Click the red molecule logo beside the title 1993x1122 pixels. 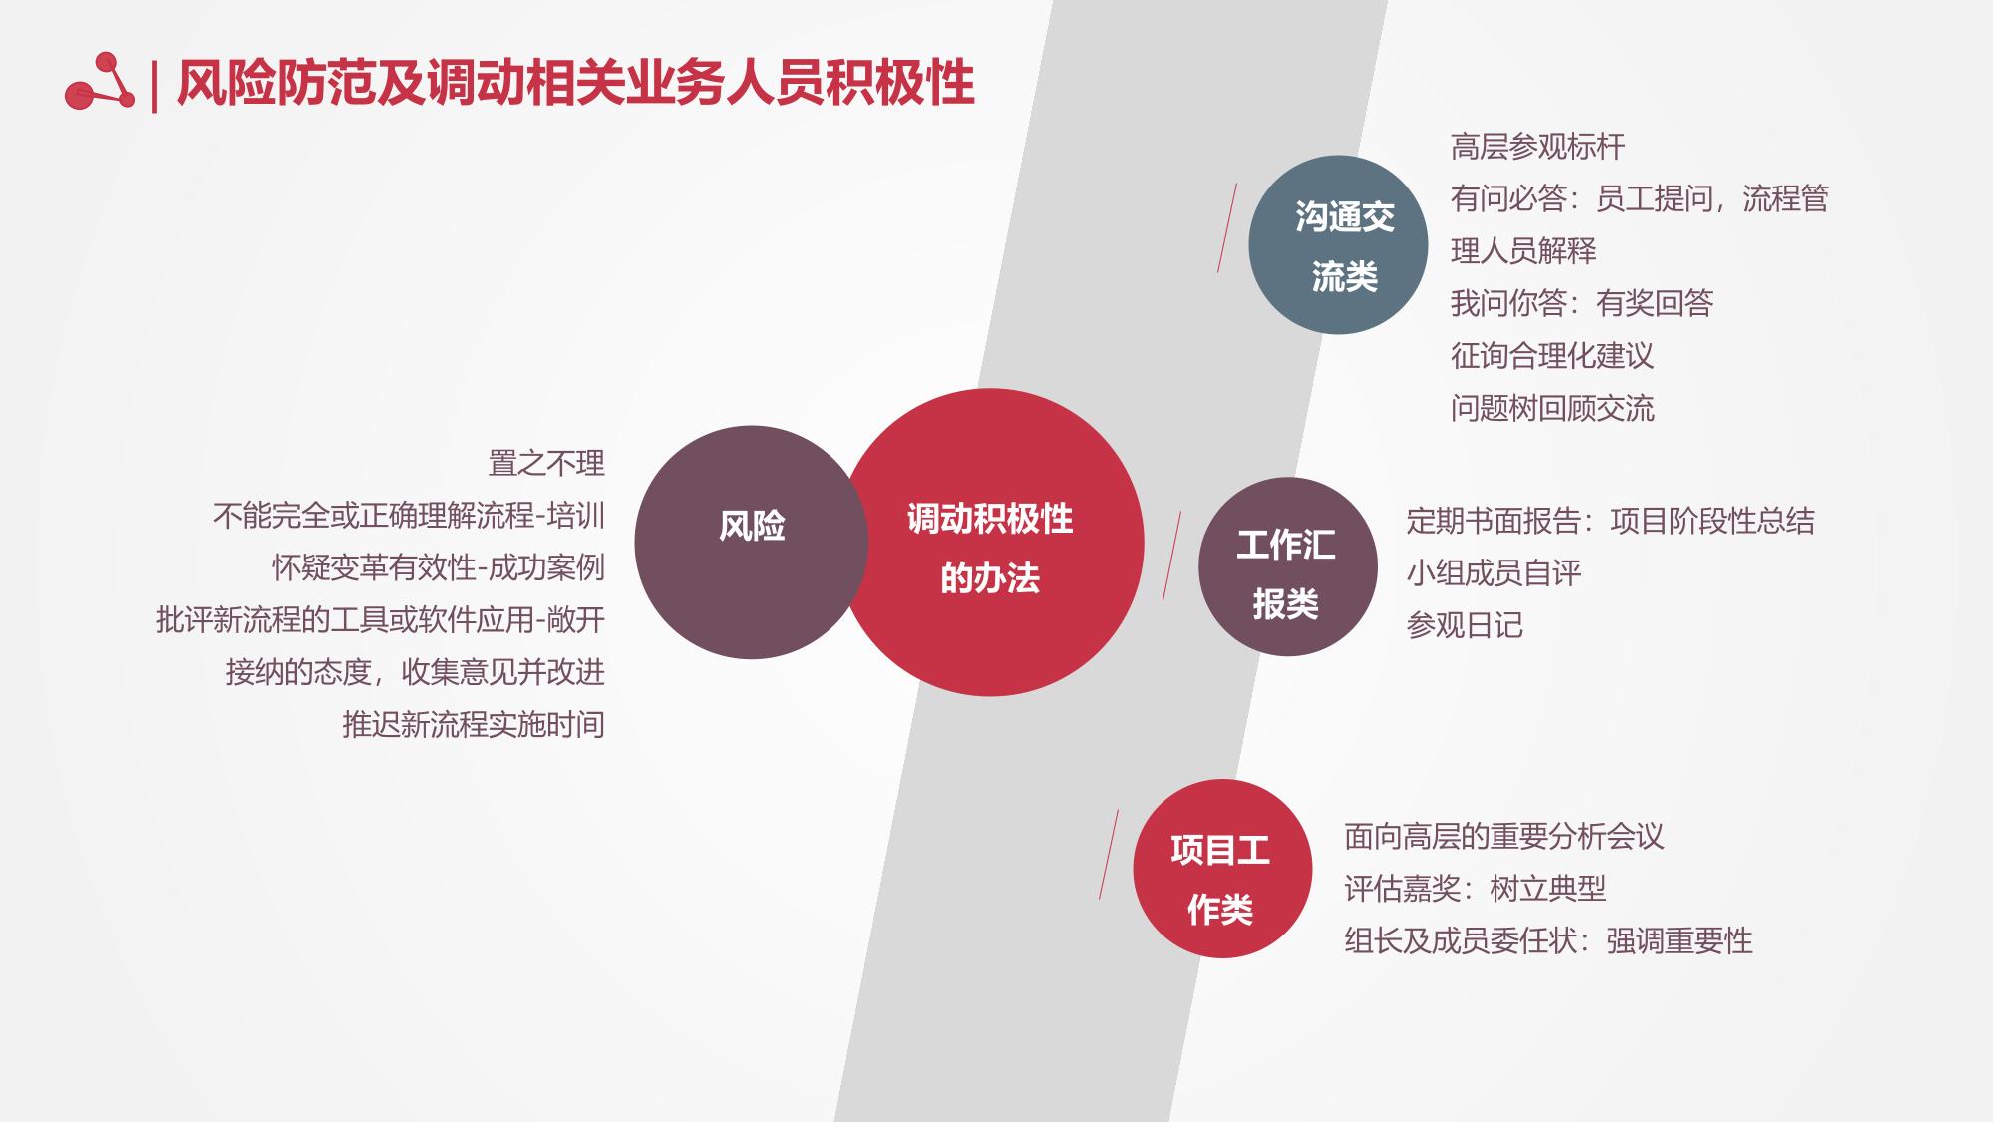pyautogui.click(x=99, y=82)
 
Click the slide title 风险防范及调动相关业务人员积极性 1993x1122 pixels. pyautogui.click(x=575, y=82)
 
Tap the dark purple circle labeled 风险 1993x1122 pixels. pyautogui.click(x=751, y=542)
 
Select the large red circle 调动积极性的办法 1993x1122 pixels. pyautogui.click(x=990, y=543)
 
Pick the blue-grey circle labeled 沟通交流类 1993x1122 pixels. pyautogui.click(x=1338, y=244)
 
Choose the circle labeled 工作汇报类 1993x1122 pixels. pyautogui.click(x=1288, y=566)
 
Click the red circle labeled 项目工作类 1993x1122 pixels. pyautogui.click(x=1222, y=869)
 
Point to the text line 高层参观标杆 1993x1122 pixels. pyautogui.click(x=1537, y=147)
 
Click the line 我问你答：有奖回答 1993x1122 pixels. pyautogui.click(x=1581, y=303)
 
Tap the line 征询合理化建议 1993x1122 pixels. pyautogui.click(x=1552, y=356)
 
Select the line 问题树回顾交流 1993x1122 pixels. pyautogui.click(x=1552, y=408)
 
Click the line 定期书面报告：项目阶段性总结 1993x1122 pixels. pyautogui.click(x=1610, y=521)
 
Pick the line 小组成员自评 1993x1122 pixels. pyautogui.click(x=1494, y=572)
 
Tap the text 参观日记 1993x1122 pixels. pyautogui.click(x=1465, y=625)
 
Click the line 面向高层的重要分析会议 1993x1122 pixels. pyautogui.click(x=1504, y=836)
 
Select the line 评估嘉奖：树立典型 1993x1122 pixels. pyautogui.click(x=1476, y=888)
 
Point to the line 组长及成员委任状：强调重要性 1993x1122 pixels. pyautogui.click(x=1548, y=940)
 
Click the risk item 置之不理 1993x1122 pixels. pyautogui.click(x=546, y=463)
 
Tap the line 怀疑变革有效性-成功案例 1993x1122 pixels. pyautogui.click(x=439, y=567)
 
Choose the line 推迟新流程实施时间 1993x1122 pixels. pyautogui.click(x=474, y=724)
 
